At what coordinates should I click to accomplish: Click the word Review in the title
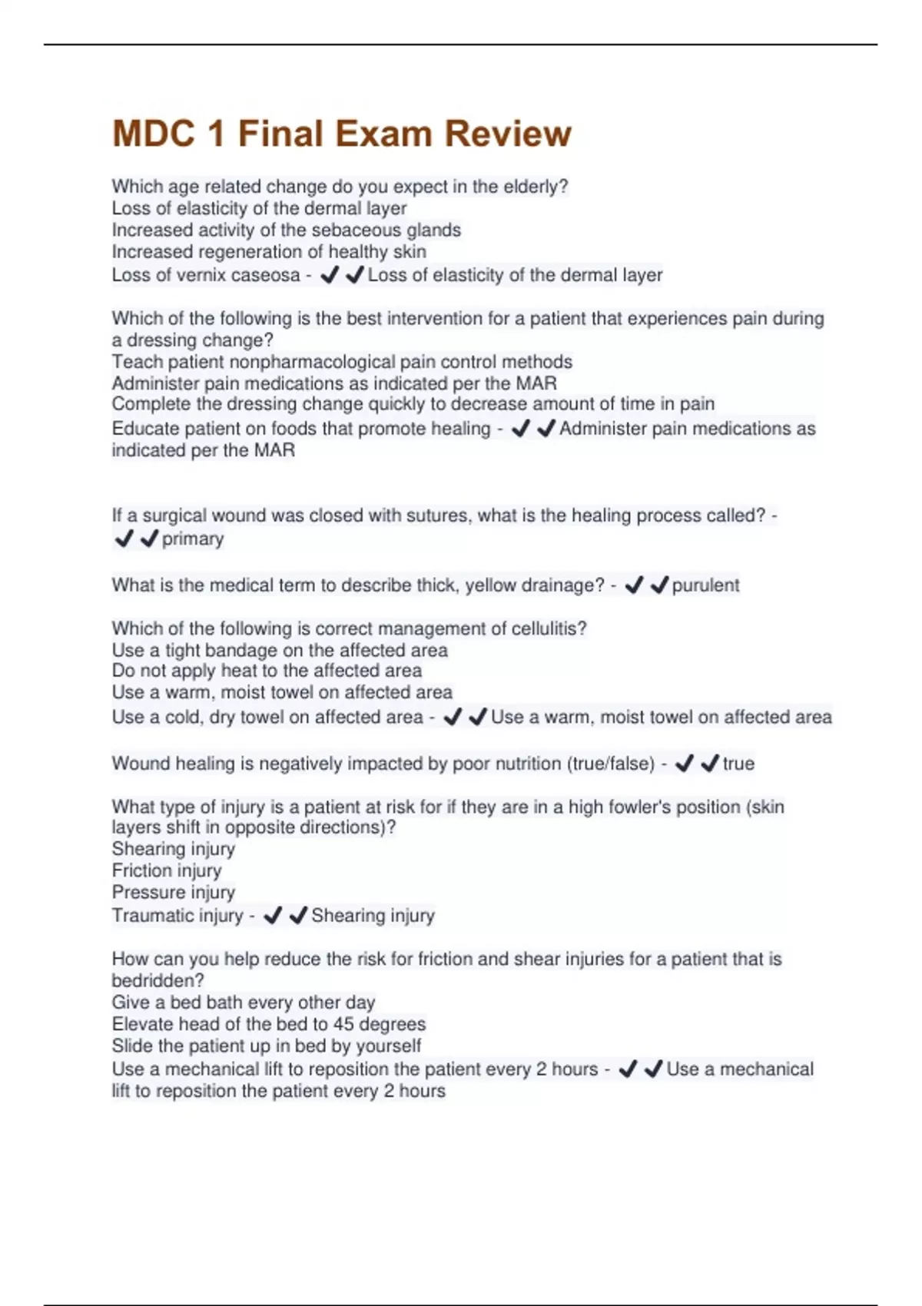click(508, 134)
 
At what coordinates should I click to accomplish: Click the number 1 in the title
click(216, 134)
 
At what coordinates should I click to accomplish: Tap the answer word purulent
click(705, 585)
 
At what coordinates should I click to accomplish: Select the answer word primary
click(193, 539)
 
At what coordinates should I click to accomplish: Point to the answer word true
click(738, 764)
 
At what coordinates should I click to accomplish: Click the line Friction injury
click(167, 870)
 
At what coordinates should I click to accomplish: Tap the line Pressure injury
click(174, 892)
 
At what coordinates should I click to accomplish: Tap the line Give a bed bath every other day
click(244, 1003)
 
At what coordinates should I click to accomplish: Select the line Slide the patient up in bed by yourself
click(267, 1046)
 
